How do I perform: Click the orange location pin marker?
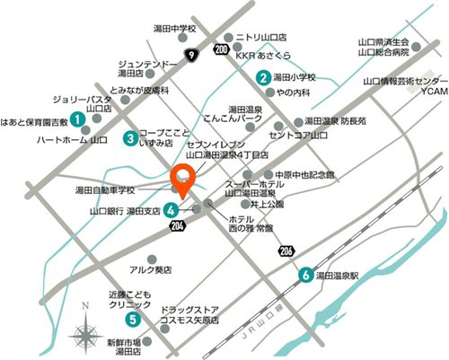183,180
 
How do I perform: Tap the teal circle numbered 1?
78,118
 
